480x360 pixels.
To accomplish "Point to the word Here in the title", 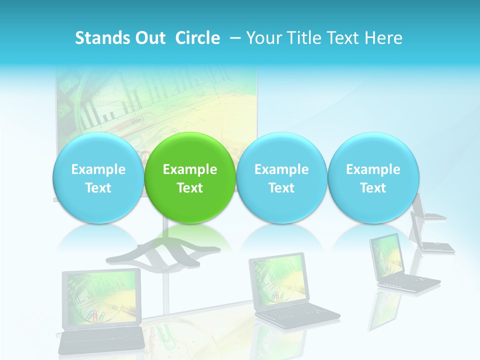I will click(x=384, y=38).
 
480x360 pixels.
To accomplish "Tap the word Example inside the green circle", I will click(x=189, y=169).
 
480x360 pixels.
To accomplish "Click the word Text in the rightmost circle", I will click(x=373, y=188).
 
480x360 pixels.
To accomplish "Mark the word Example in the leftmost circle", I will click(x=98, y=169).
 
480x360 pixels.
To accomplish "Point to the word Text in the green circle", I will click(x=189, y=188).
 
